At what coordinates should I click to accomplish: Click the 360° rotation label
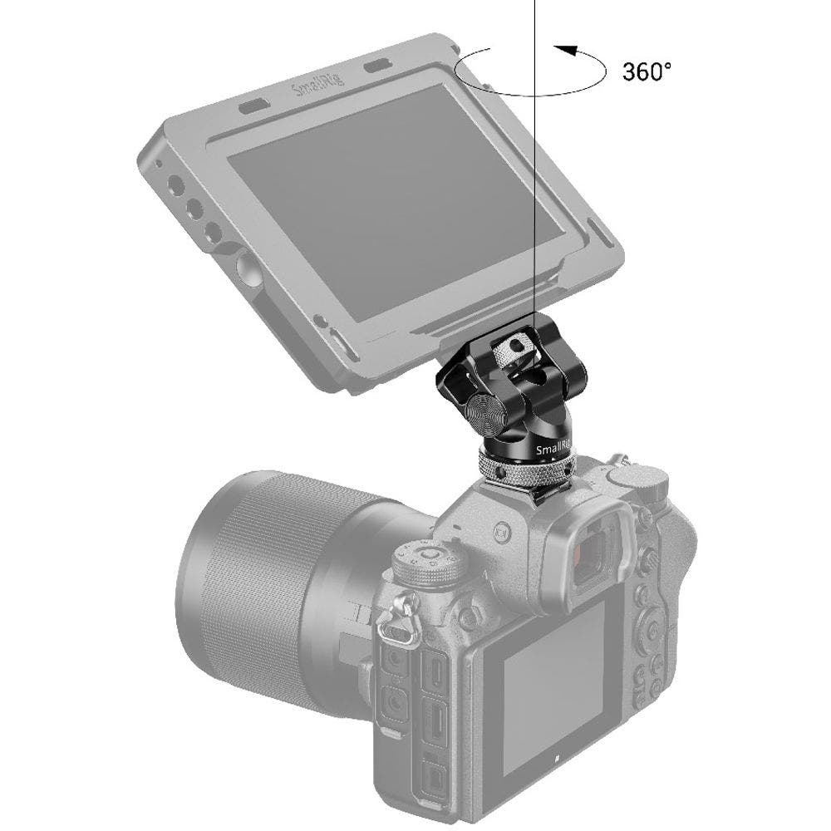[646, 71]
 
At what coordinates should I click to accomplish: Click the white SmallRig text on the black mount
[553, 450]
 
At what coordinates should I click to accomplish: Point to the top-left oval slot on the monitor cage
[253, 107]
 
